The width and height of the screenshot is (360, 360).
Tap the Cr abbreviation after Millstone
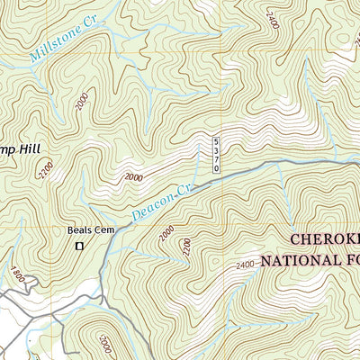89,27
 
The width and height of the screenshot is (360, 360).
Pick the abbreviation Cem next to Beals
102,229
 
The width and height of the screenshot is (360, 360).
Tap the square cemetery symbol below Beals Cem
79,246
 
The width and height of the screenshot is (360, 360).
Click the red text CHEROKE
324,240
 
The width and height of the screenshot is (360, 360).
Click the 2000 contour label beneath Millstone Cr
82,105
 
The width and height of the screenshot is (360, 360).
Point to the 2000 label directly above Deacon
134,177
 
